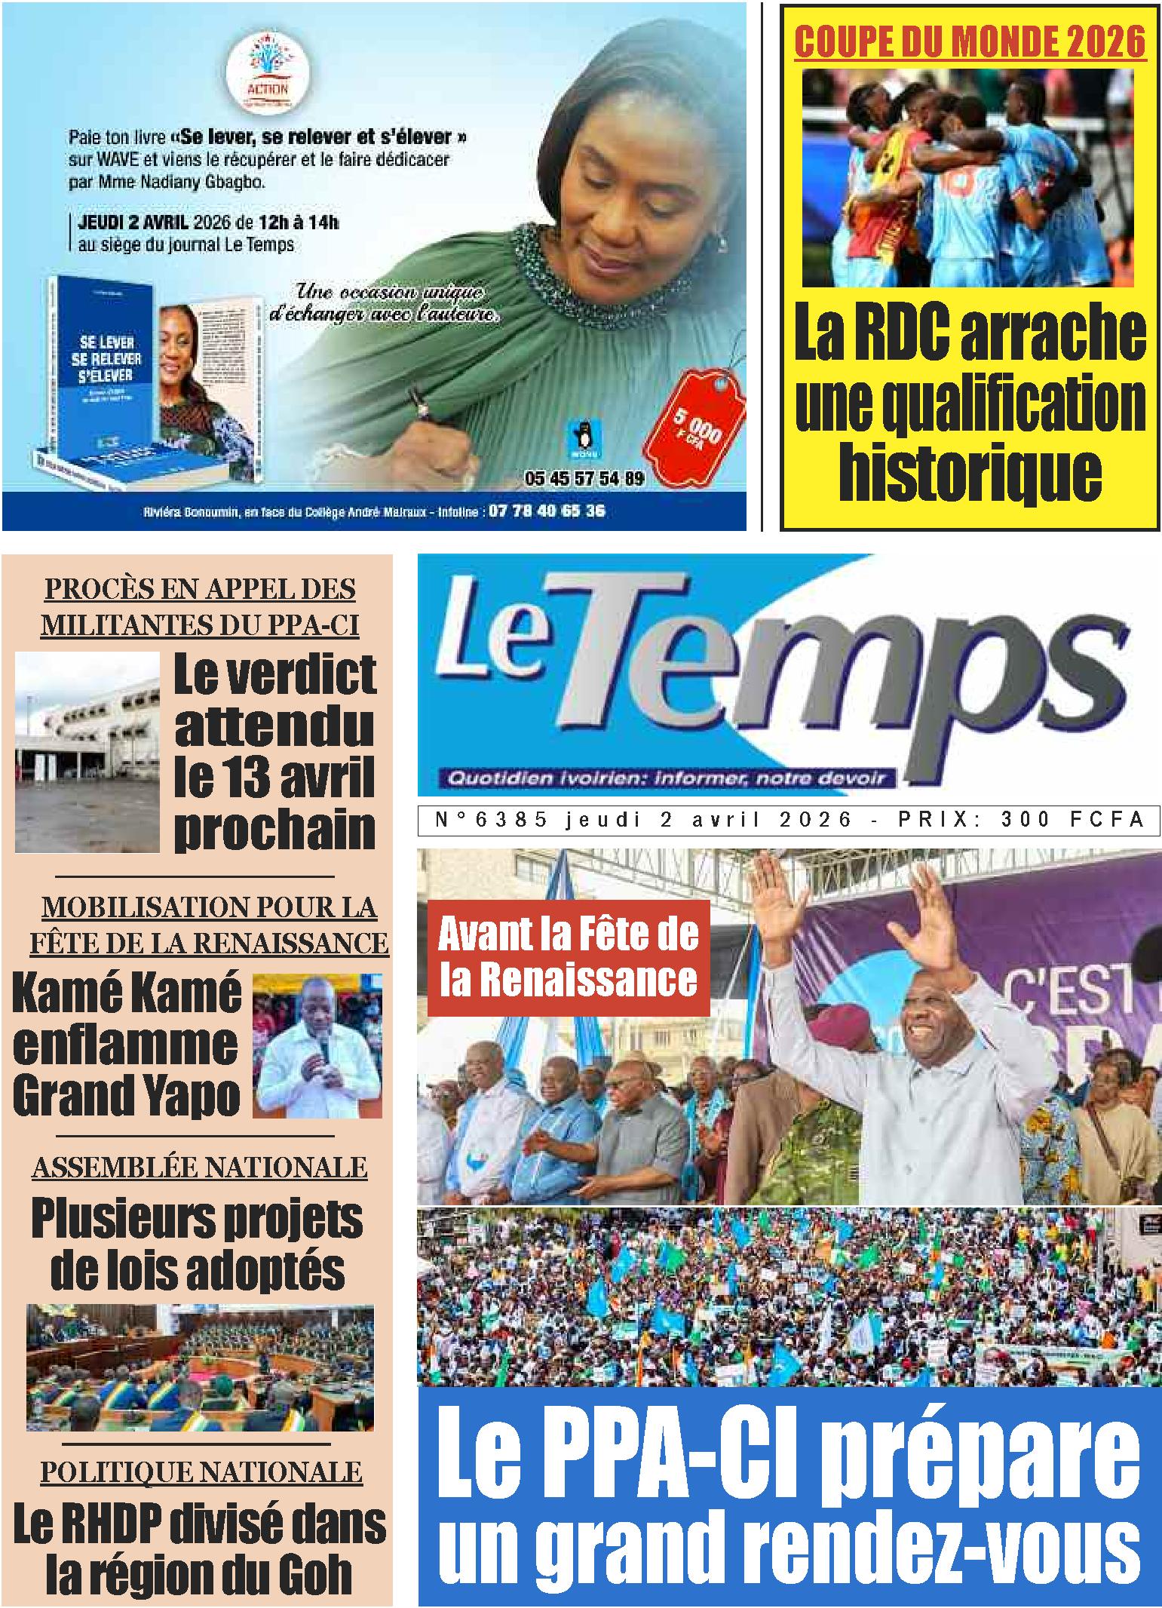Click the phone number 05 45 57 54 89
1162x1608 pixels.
(584, 478)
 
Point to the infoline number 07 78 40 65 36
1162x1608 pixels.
(546, 511)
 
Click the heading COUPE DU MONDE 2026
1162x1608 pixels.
(970, 42)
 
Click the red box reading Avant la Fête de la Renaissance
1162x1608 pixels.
(569, 957)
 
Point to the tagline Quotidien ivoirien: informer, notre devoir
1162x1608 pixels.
(664, 778)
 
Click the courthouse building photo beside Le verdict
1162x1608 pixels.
(87, 752)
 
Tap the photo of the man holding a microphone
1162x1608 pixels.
(317, 1045)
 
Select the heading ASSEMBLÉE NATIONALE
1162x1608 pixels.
(200, 1167)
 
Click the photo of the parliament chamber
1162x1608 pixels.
(200, 1367)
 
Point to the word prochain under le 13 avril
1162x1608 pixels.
(274, 828)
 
